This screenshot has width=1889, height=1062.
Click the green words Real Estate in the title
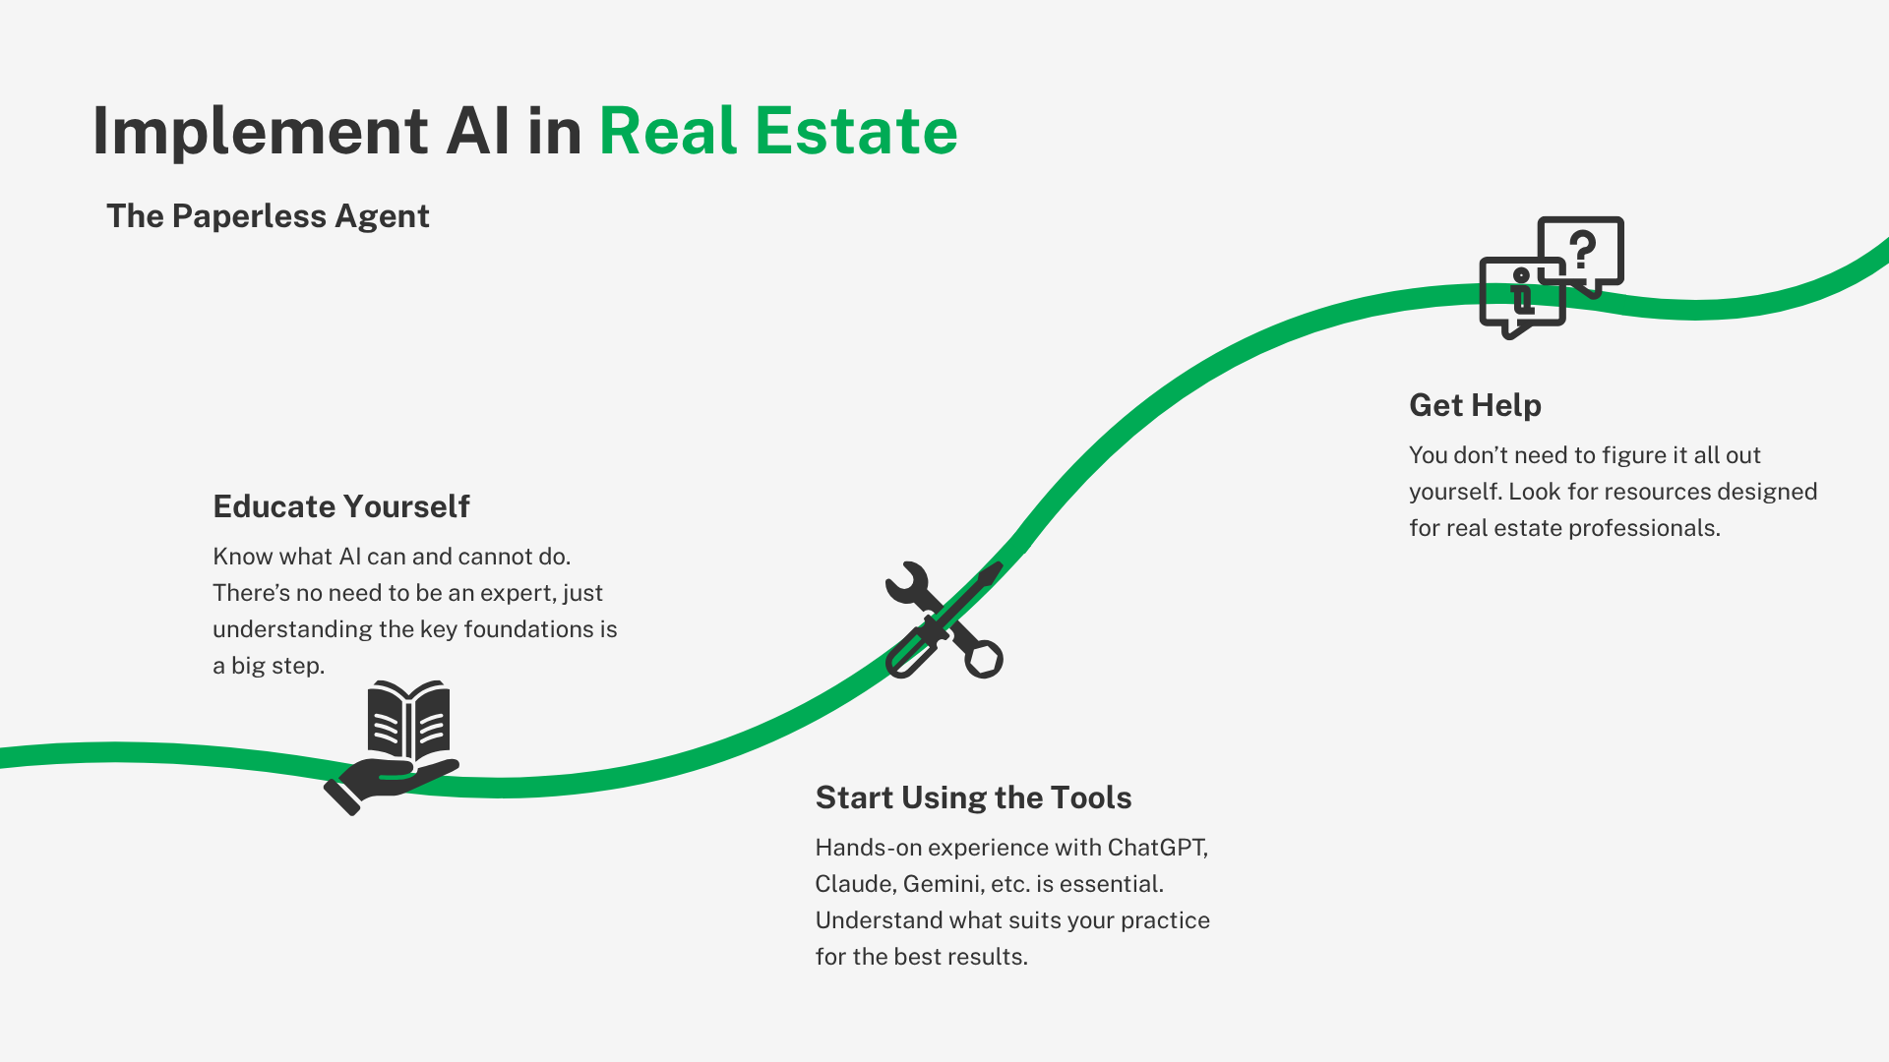click(x=778, y=131)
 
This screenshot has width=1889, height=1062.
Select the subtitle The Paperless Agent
click(x=268, y=216)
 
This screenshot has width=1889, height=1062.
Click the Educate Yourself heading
click(x=341, y=506)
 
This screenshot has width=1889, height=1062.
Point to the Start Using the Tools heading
click(x=974, y=797)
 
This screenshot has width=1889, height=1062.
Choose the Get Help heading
click(x=1475, y=405)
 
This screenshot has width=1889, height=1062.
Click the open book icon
click(x=408, y=721)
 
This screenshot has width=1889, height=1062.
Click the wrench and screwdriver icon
click(x=944, y=619)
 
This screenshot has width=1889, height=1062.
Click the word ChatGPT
click(x=1158, y=848)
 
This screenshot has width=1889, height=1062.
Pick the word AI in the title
click(x=477, y=131)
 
